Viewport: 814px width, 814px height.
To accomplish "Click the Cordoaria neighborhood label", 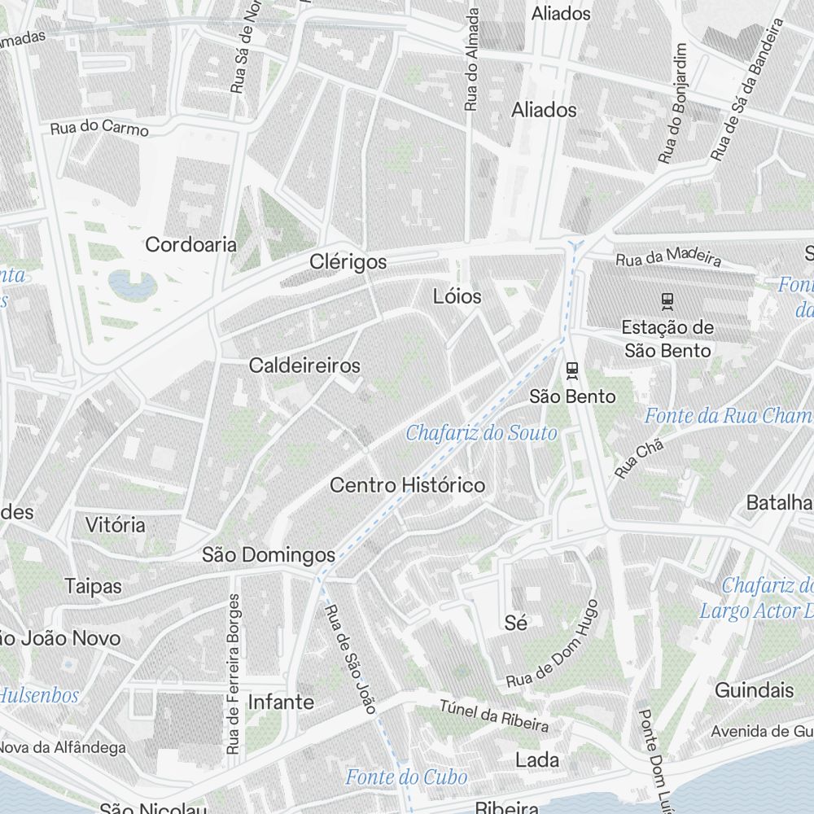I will click(x=190, y=244).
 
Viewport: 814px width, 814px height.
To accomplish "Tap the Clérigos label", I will click(x=348, y=262).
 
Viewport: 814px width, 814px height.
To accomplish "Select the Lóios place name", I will click(x=457, y=296).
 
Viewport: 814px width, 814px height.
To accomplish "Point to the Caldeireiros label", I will click(x=304, y=365).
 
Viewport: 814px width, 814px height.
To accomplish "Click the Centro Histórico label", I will click(x=407, y=485).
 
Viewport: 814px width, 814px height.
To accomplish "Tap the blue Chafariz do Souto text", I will click(x=481, y=432).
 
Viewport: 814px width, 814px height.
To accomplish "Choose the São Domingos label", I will click(x=268, y=555).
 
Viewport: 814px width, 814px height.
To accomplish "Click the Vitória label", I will click(x=116, y=525).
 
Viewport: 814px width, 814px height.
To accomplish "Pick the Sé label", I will click(x=516, y=623).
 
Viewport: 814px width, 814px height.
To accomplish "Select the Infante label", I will click(x=280, y=702).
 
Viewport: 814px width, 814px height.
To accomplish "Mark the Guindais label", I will click(x=754, y=690).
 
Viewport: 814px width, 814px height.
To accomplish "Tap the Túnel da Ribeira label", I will click(x=494, y=716).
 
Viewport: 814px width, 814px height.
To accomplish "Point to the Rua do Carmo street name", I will click(x=99, y=129).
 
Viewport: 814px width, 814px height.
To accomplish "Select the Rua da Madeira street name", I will click(x=668, y=258).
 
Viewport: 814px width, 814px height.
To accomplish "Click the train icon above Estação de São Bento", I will click(x=667, y=301).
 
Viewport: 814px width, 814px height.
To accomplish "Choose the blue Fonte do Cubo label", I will click(x=406, y=777).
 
